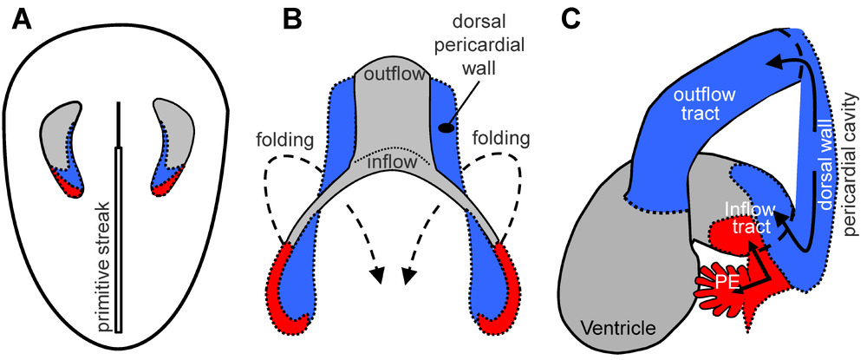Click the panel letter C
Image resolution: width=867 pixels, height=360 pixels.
point(570,18)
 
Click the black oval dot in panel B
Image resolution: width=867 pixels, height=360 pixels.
point(445,128)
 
